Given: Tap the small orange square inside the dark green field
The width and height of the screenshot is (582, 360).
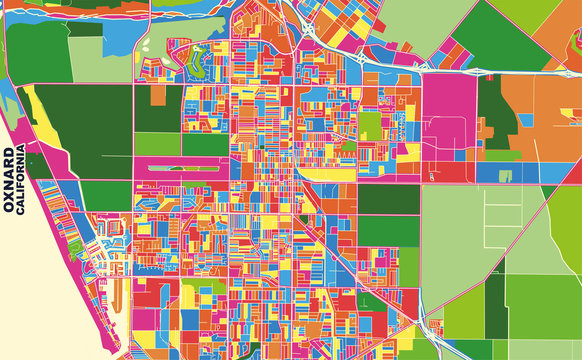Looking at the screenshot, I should (x=158, y=96).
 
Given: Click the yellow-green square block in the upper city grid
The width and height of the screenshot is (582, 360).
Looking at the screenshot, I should (x=370, y=125).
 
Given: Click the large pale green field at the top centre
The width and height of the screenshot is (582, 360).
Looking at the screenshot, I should (x=410, y=20).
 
